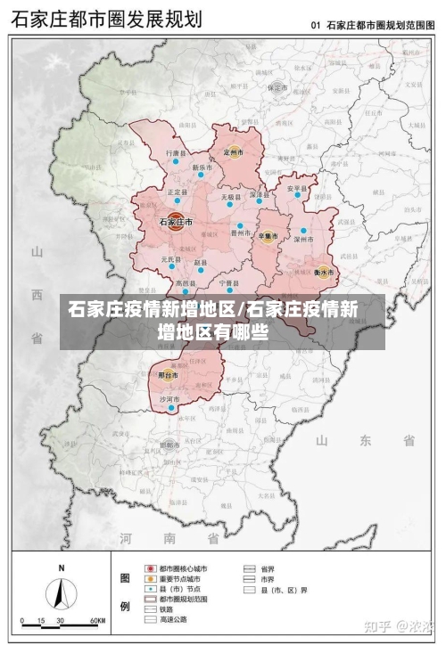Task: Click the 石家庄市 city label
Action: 176,221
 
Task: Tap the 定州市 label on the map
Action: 234,153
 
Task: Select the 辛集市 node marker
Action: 265,236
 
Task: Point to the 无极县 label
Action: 231,197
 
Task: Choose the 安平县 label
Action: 296,189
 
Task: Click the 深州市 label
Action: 305,239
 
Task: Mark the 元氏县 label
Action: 171,259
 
